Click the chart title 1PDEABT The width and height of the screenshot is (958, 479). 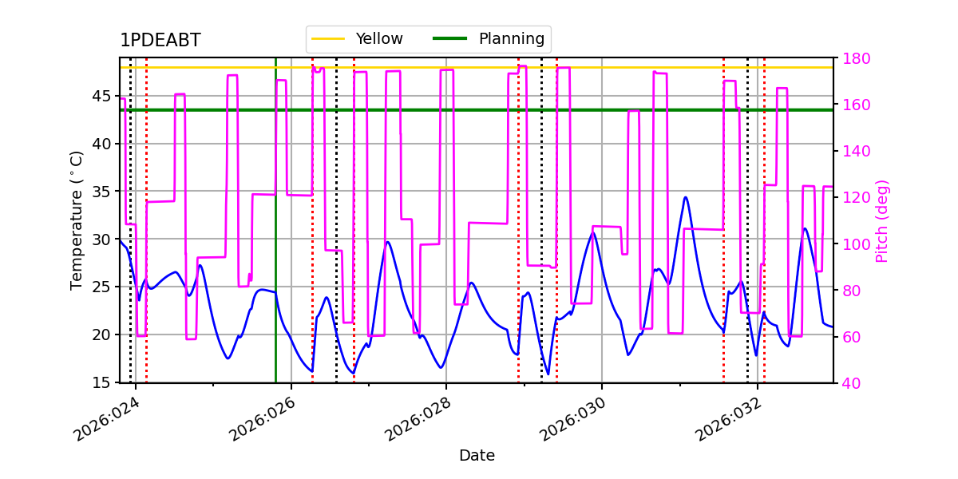[x=160, y=40]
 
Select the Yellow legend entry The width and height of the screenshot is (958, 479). [x=357, y=38]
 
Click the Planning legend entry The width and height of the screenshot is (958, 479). [x=489, y=38]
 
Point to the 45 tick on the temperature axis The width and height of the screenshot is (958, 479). [x=101, y=97]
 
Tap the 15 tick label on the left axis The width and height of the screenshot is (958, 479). [x=101, y=382]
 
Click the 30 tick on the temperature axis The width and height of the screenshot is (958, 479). [x=101, y=239]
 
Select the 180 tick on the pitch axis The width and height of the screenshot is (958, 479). [x=856, y=58]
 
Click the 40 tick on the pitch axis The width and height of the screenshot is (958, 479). [x=852, y=383]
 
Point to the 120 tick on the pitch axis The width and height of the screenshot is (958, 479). [x=856, y=198]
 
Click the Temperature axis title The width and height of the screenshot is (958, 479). [x=76, y=220]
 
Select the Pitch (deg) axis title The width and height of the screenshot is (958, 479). [x=882, y=221]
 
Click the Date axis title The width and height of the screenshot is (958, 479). [x=477, y=456]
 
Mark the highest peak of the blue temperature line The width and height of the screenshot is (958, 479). [x=686, y=197]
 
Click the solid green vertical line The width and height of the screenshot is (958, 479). [x=276, y=220]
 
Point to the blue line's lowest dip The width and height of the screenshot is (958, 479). [x=548, y=374]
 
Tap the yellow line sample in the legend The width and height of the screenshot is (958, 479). [x=328, y=39]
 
